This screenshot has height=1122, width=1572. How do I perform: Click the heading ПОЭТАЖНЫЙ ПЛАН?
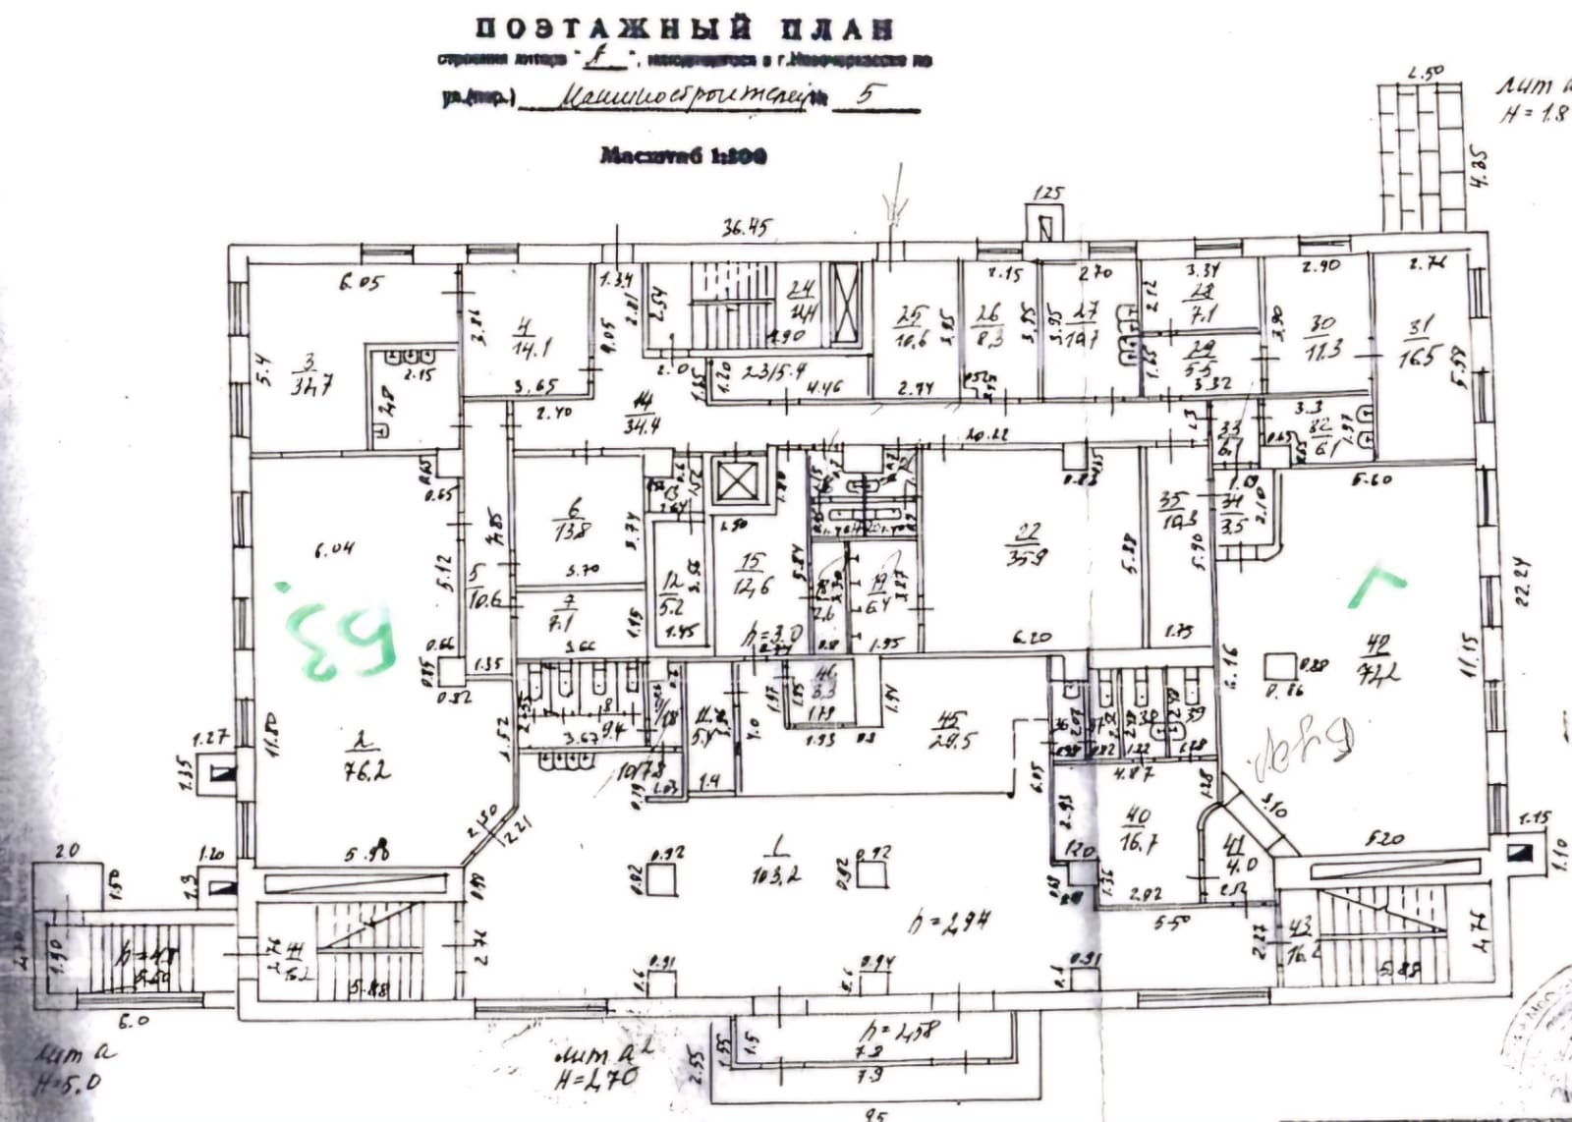click(x=686, y=28)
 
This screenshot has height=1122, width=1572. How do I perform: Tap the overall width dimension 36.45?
click(x=746, y=229)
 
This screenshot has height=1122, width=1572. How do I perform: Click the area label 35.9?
click(x=1028, y=558)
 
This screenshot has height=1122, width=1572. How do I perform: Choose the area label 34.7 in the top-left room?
click(x=311, y=385)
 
